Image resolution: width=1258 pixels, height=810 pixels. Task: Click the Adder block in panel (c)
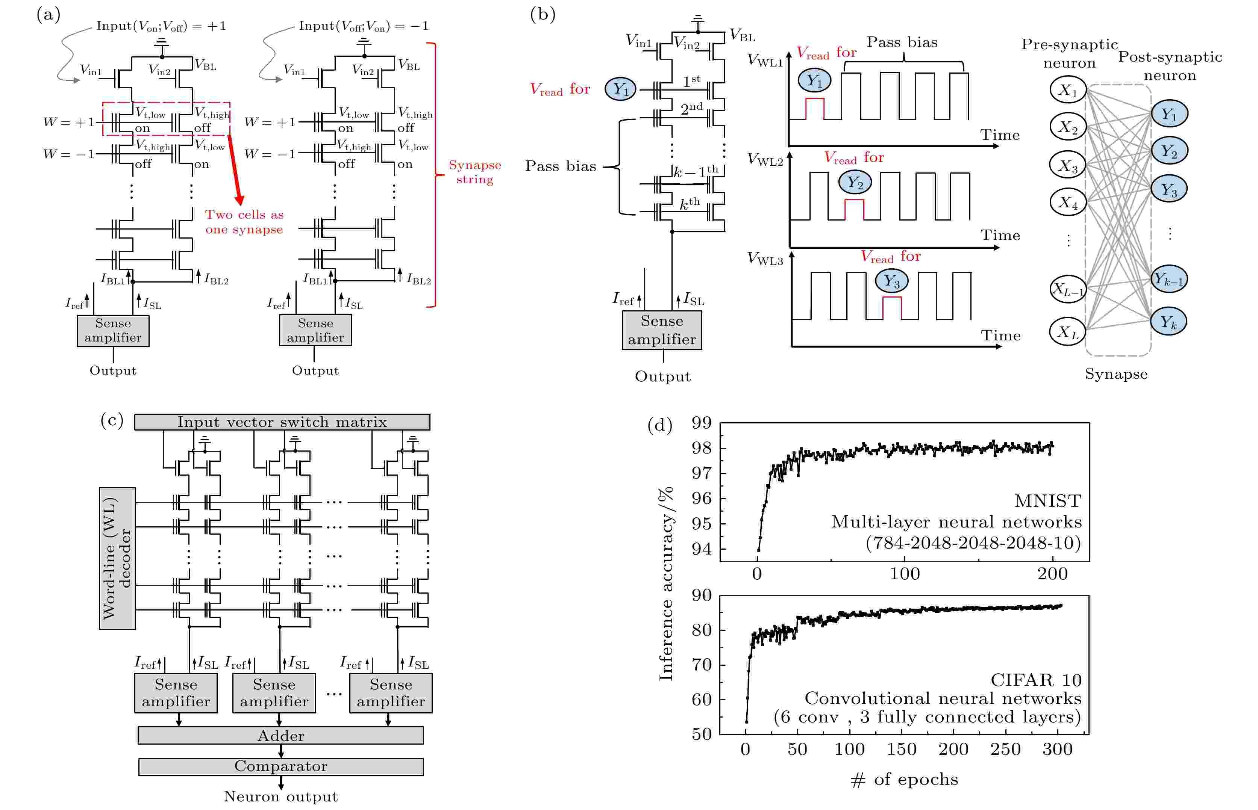280,735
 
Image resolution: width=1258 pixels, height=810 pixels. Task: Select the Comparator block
280,766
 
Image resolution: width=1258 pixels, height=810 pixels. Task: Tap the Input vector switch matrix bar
282,422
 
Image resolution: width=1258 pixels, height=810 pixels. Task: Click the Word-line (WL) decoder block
117,558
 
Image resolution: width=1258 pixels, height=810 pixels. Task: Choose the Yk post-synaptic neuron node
1169,321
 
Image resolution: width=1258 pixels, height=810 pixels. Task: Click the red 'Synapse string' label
475,172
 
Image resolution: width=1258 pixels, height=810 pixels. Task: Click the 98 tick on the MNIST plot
702,448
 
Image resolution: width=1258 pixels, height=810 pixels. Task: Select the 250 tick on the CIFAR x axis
1005,749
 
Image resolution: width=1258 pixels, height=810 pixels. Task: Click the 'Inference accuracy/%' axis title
666,584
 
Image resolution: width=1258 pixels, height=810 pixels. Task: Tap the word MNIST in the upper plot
1047,501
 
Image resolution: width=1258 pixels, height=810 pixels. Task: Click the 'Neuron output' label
280,796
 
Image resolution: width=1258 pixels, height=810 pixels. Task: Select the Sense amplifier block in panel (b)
662,330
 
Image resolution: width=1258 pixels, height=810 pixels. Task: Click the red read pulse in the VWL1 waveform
815,108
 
